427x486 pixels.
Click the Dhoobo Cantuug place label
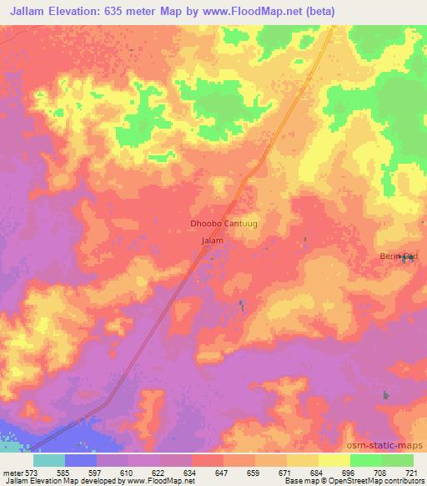(x=220, y=224)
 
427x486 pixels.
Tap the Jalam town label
(x=213, y=240)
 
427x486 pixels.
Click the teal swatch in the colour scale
(x=49, y=460)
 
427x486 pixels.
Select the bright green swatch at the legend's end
(x=398, y=460)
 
